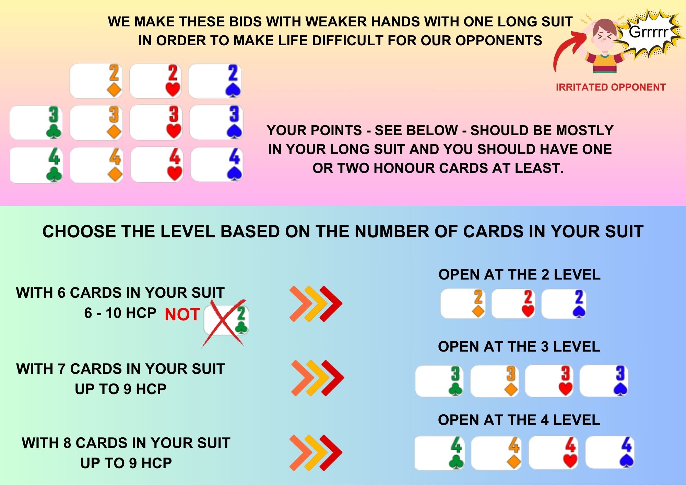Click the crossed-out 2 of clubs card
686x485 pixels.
coord(226,320)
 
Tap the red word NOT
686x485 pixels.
coord(182,315)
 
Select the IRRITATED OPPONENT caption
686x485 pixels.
coord(611,87)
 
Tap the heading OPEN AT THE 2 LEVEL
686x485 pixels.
coord(519,275)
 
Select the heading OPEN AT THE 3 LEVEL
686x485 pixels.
coord(519,347)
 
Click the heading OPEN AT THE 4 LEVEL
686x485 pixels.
coord(519,420)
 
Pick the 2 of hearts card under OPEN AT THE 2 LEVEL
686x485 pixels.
coord(513,304)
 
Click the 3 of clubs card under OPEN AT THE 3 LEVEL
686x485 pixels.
coord(439,381)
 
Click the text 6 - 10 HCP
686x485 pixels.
coord(120,313)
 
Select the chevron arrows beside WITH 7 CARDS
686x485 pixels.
coord(318,378)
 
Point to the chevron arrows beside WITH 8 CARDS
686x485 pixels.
coord(316,453)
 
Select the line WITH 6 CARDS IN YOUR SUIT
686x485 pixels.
coord(120,293)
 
